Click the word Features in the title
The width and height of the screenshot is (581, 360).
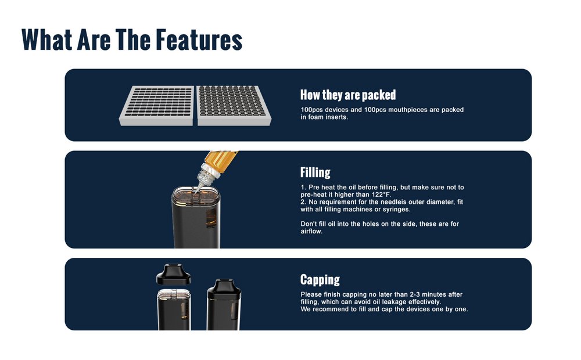pos(199,39)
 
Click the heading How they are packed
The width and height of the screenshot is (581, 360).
pos(348,95)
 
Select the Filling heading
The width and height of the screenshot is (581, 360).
pos(315,172)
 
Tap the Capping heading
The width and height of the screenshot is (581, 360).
pos(320,280)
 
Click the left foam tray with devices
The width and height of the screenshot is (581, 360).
pos(157,106)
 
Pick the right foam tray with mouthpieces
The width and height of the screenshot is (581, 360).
pos(234,106)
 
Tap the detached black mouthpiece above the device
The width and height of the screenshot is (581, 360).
pos(173,275)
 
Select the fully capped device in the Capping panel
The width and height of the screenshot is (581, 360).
pos(224,304)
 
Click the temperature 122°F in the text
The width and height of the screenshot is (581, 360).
pos(381,195)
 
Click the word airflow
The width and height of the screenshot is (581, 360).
pos(311,232)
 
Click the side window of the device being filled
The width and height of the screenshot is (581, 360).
pos(211,218)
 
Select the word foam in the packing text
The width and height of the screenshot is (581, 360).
pos(315,117)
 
